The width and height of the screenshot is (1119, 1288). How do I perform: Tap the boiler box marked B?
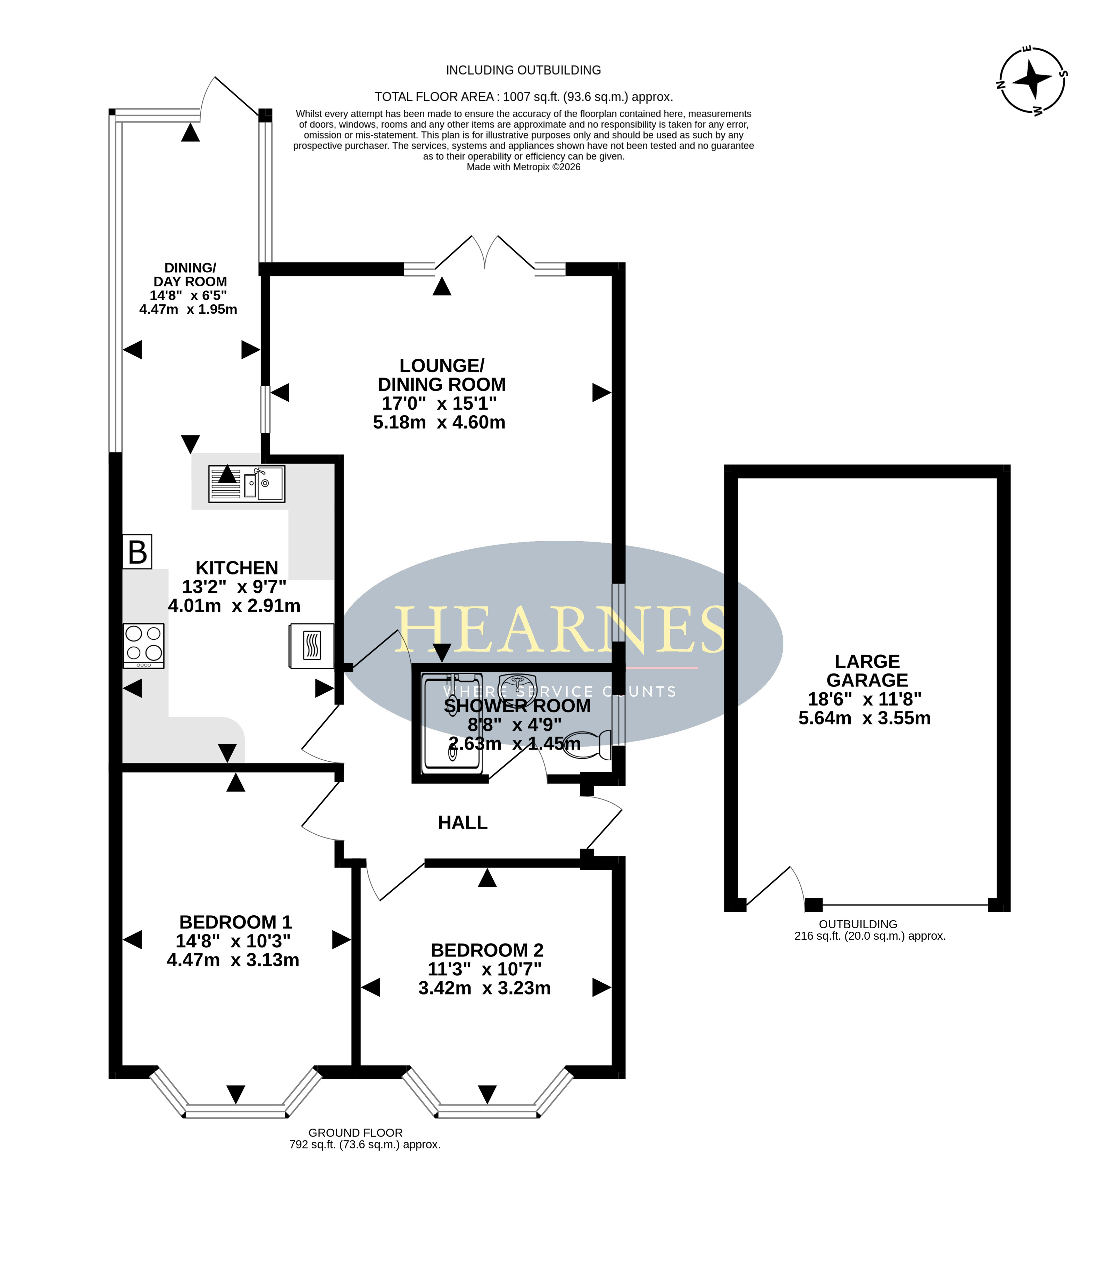[x=137, y=551]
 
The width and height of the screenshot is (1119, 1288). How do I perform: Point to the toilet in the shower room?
[x=589, y=744]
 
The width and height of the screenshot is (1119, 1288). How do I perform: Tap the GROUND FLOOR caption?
[x=355, y=1133]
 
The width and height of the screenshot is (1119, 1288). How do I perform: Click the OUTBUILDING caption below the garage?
[x=858, y=924]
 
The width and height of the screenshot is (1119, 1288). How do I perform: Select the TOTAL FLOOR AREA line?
[x=524, y=97]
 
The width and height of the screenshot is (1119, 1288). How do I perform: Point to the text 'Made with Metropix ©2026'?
[x=524, y=167]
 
